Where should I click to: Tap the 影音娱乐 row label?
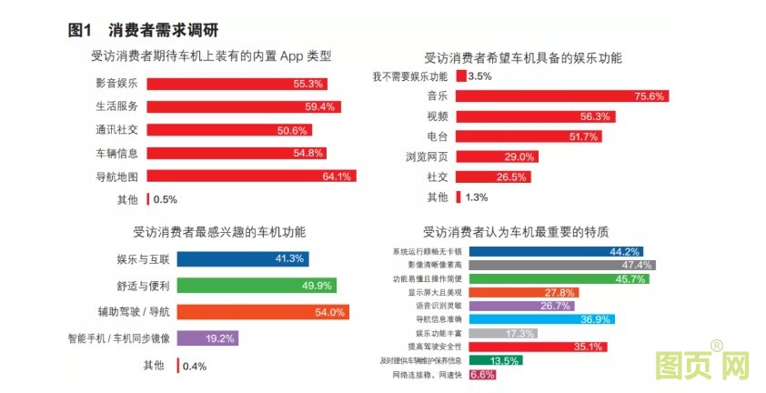(116, 84)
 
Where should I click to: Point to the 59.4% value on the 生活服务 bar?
(321, 106)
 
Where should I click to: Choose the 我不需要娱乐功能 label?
(410, 76)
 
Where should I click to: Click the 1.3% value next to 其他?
(477, 196)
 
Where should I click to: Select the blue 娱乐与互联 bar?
(242, 258)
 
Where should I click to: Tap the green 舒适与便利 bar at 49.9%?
(255, 286)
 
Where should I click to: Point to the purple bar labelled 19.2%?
(207, 338)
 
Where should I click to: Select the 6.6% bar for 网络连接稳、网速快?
(483, 374)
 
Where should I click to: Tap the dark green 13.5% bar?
(496, 360)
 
